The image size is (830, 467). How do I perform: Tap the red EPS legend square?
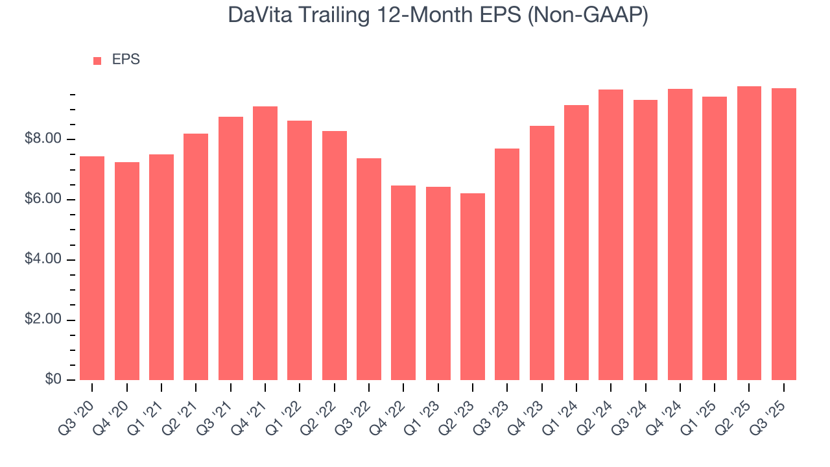pyautogui.click(x=97, y=60)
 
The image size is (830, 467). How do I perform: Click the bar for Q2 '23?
pyautogui.click(x=473, y=287)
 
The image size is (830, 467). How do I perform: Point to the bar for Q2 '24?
pyautogui.click(x=611, y=235)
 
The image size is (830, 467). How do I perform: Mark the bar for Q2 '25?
pyautogui.click(x=749, y=233)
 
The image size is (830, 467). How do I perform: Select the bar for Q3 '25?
pyautogui.click(x=784, y=234)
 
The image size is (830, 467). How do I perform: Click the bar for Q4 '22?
pyautogui.click(x=403, y=283)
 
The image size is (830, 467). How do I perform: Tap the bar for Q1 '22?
pyautogui.click(x=300, y=250)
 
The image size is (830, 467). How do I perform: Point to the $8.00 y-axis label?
pyautogui.click(x=43, y=139)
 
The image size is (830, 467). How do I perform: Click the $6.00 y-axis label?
pyautogui.click(x=43, y=200)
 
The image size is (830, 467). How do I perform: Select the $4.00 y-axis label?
pyautogui.click(x=43, y=259)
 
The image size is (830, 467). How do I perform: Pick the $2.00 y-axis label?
pyautogui.click(x=43, y=320)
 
